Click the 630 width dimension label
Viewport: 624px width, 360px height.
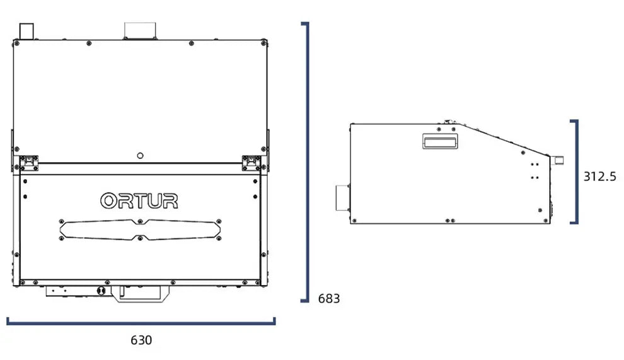[x=141, y=340]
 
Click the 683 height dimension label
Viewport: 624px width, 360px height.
[x=329, y=298]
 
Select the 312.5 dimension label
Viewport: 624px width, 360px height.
[x=599, y=177]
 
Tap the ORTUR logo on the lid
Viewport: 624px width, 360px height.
[x=139, y=200]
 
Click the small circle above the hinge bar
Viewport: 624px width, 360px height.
[x=140, y=156]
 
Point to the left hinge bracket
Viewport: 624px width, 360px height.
[x=29, y=163]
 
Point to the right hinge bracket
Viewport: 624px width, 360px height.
[x=251, y=163]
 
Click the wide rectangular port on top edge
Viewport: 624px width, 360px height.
[x=140, y=31]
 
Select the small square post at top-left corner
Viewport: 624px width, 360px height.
[x=26, y=32]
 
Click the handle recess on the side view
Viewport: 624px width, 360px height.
[x=440, y=141]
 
